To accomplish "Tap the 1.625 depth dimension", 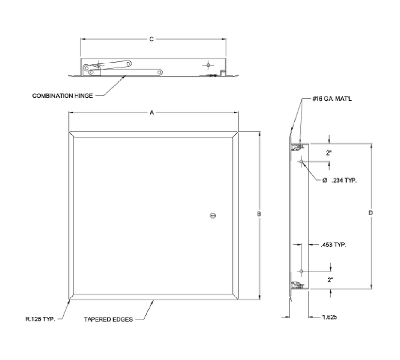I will point(329,317).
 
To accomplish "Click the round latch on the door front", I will point(213,216).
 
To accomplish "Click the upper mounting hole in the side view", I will point(301,161).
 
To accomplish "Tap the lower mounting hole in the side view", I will point(301,271).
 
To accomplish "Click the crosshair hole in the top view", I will point(207,65).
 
